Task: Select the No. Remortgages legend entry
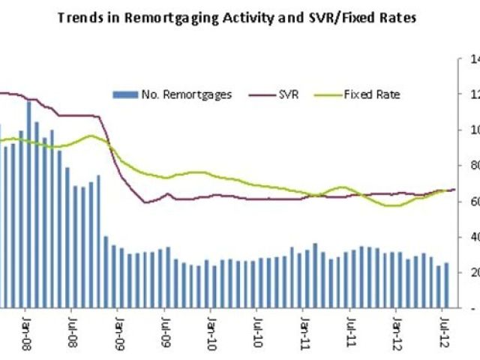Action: coord(172,94)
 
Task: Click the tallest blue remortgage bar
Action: coord(28,202)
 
